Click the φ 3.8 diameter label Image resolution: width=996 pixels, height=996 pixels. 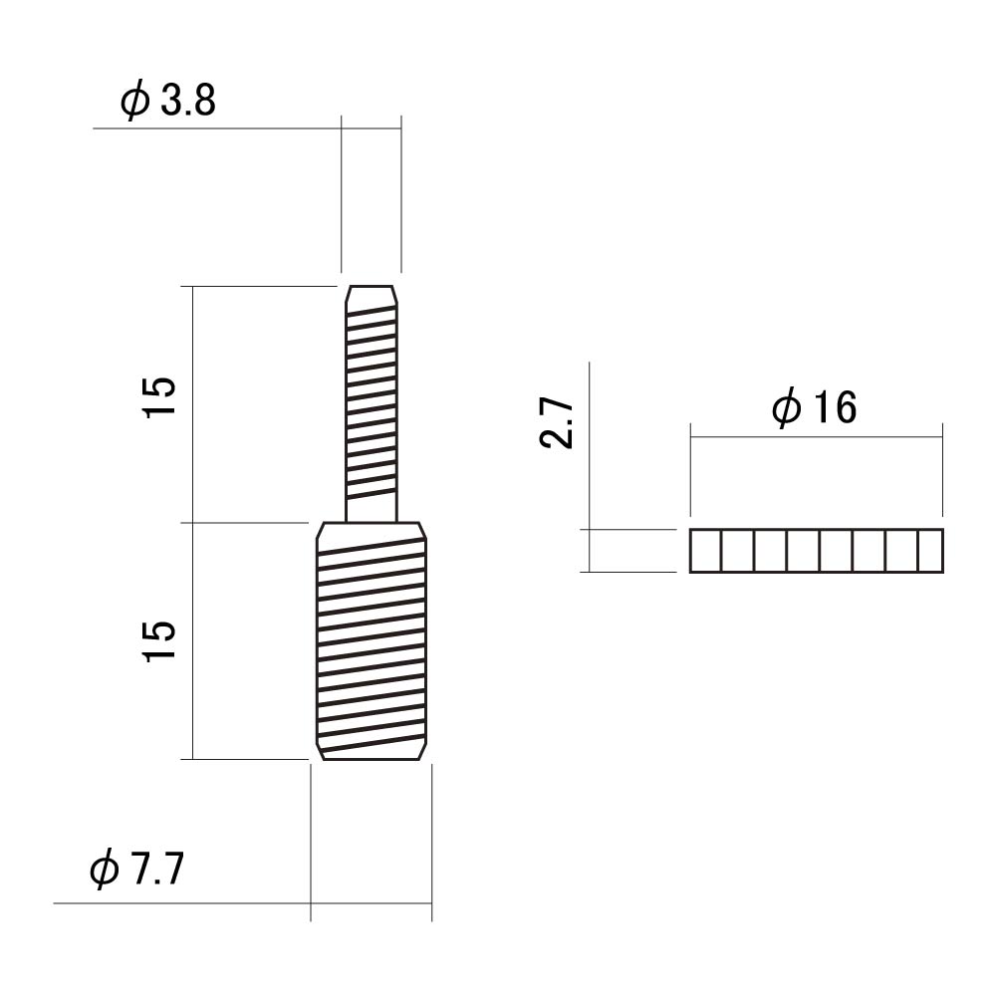168,102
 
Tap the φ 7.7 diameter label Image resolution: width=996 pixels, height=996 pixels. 137,869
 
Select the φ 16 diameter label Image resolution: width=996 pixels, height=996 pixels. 815,407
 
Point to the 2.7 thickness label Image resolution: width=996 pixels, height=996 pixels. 557,423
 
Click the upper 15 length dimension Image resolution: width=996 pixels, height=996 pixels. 159,397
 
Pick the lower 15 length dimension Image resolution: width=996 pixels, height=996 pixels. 159,640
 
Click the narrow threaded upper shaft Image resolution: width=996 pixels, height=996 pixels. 372,404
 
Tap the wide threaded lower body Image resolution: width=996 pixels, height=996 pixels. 372,640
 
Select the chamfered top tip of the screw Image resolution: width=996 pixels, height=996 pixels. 372,296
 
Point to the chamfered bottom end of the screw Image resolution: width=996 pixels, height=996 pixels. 372,751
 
